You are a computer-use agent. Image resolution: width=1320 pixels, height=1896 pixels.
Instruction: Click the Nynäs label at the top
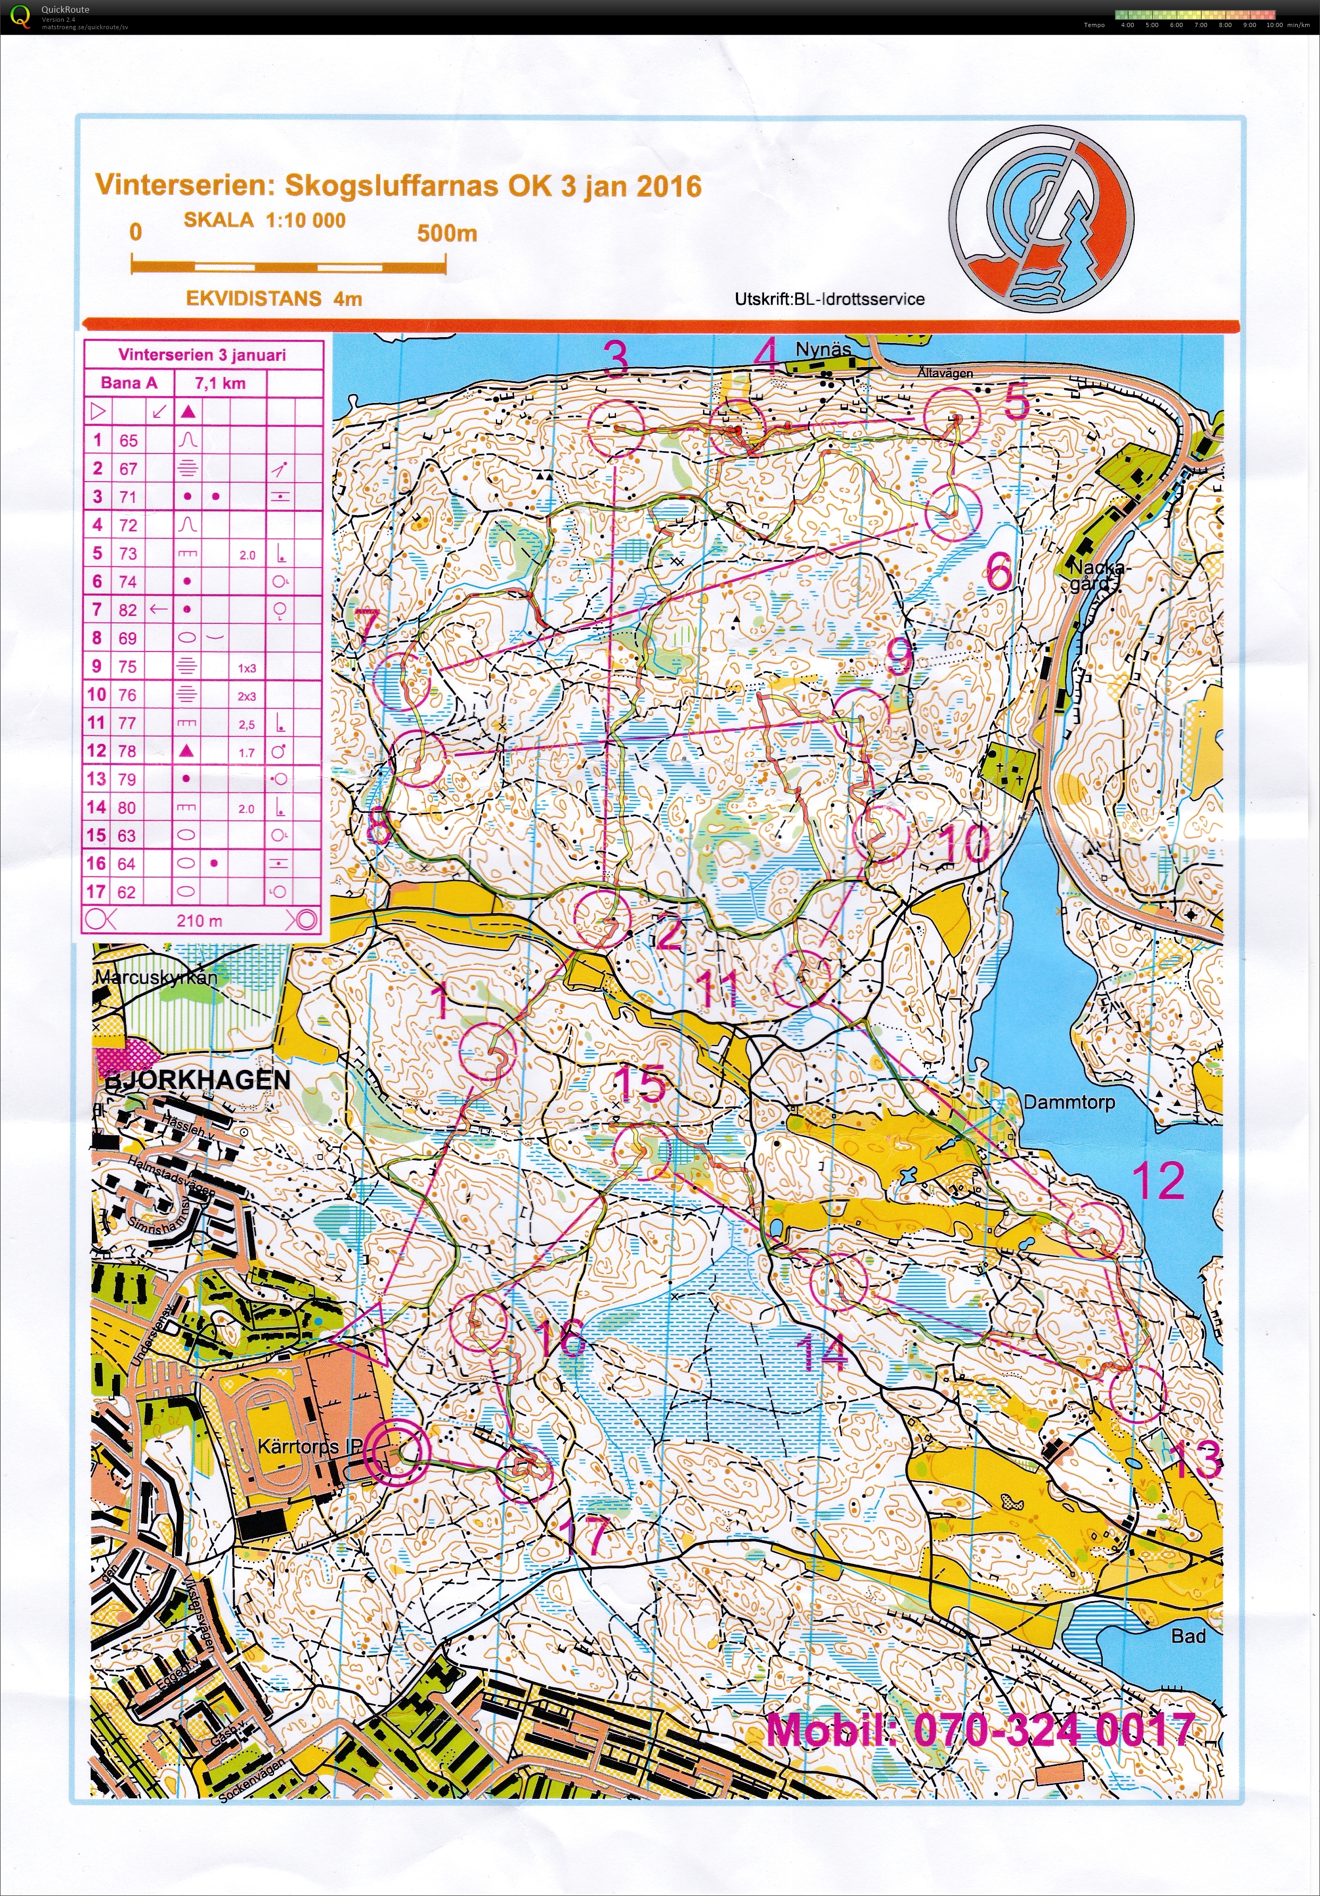(822, 349)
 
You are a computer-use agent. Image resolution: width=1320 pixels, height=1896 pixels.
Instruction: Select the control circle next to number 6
(952, 512)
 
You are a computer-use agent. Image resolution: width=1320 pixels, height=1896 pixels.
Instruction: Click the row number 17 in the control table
(96, 892)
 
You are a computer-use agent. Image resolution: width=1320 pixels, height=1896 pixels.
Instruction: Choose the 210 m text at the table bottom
(199, 920)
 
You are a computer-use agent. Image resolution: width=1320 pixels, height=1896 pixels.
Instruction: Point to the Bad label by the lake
(1187, 1635)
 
